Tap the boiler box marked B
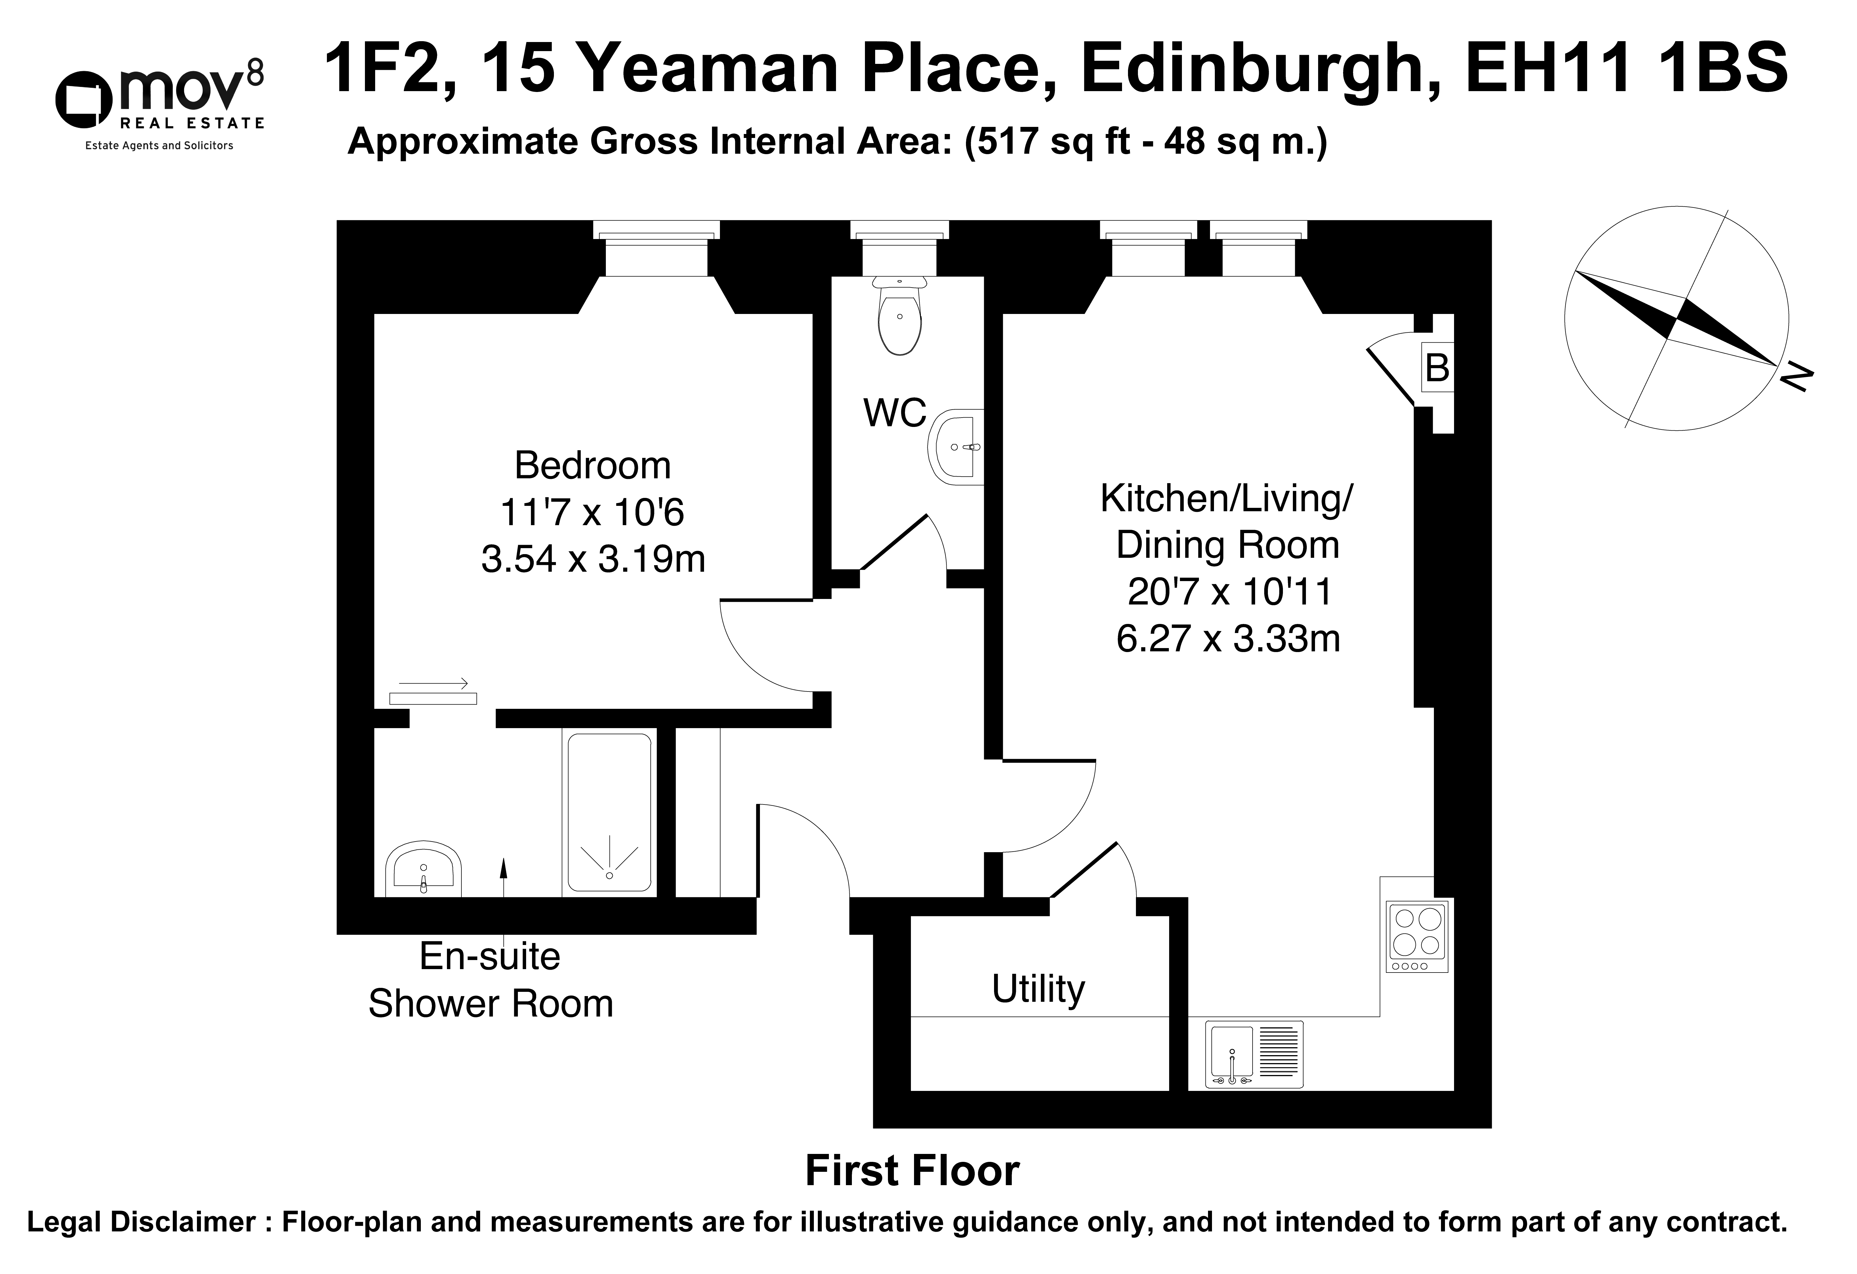[x=1437, y=368]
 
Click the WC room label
[x=895, y=413]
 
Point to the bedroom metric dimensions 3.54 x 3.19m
[x=593, y=559]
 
